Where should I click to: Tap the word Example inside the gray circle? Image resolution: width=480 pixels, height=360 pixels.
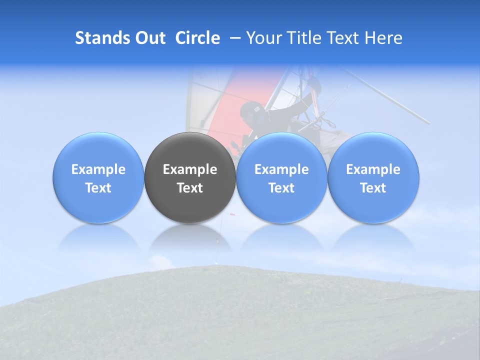tap(190, 169)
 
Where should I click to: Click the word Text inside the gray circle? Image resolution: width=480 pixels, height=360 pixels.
tap(190, 188)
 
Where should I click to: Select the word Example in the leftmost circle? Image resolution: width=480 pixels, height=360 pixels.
tap(98, 169)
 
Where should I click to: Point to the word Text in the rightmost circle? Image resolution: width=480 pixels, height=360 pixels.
tap(373, 188)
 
